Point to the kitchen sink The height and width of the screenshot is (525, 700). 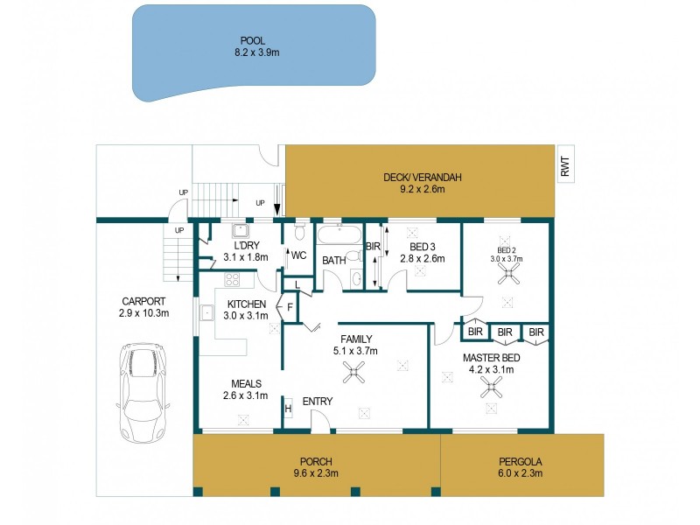[208, 312]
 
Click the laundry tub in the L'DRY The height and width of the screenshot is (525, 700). [237, 231]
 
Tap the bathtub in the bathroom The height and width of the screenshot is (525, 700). [338, 235]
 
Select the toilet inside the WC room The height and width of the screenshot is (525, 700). [298, 232]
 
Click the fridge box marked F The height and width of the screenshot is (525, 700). [290, 307]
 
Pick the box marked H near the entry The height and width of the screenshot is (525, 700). [288, 408]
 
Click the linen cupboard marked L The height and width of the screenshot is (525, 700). [297, 285]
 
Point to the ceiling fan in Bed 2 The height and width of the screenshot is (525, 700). [507, 274]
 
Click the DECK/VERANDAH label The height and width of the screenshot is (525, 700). [422, 178]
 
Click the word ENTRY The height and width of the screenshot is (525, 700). [317, 402]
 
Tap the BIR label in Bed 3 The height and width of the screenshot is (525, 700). [373, 247]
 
